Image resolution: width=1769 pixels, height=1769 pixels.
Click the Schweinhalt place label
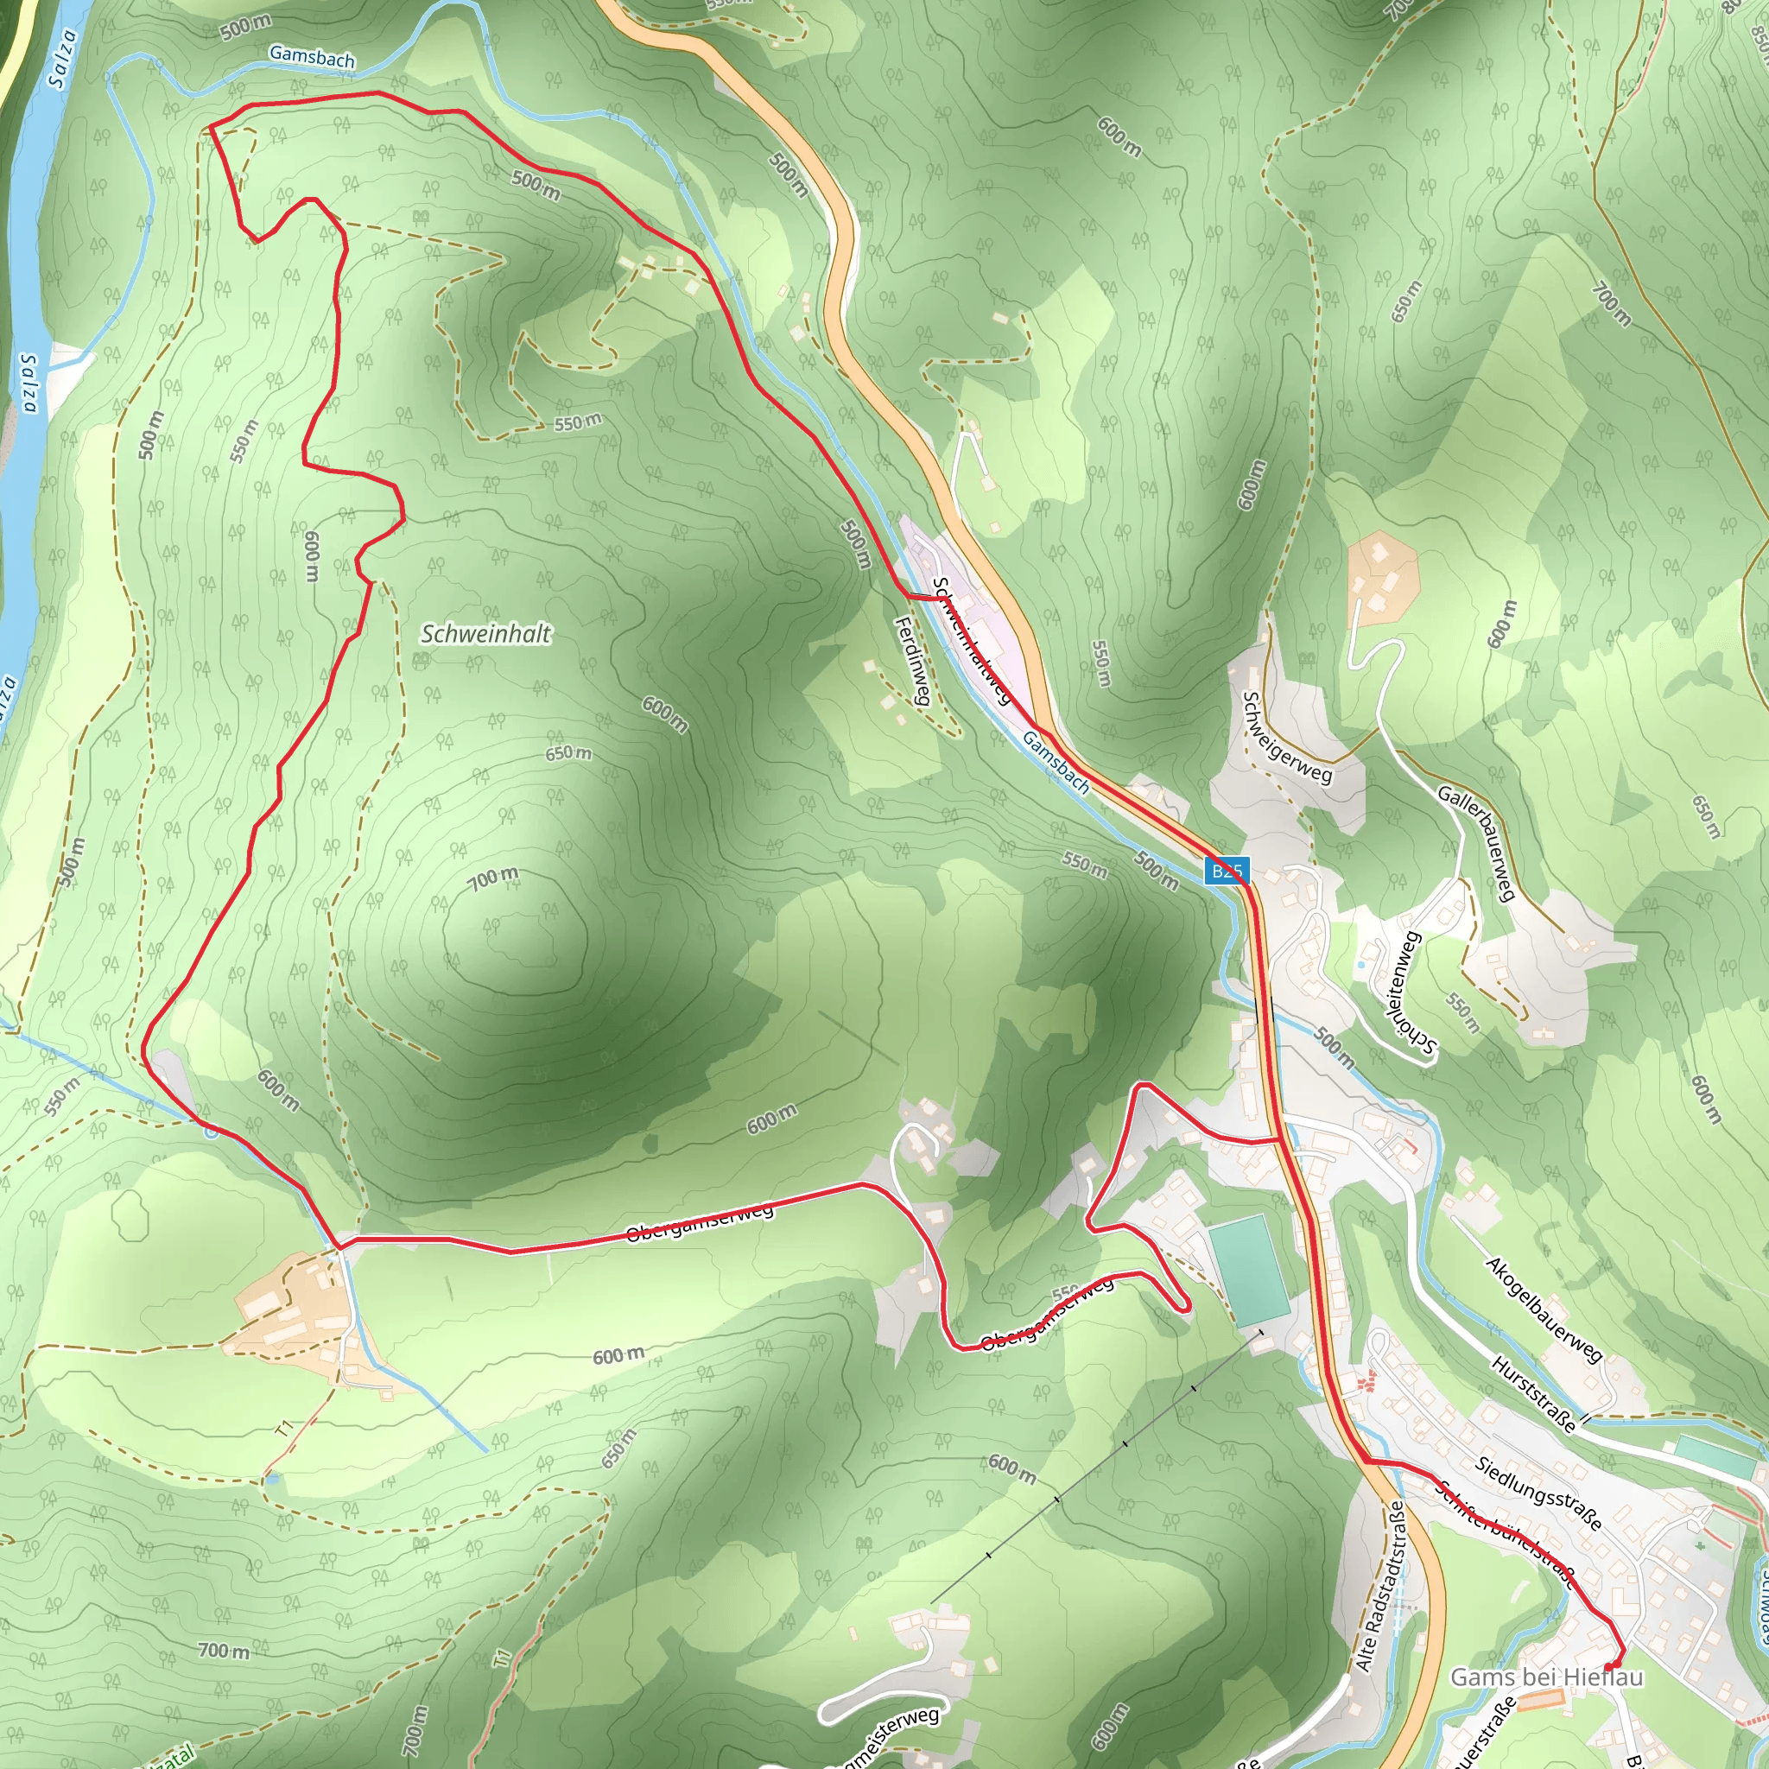coord(485,634)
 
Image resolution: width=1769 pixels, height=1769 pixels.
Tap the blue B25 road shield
coord(1226,871)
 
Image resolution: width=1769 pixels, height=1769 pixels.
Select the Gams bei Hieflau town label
coord(1546,1677)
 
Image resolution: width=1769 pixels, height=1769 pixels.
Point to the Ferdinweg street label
coord(913,661)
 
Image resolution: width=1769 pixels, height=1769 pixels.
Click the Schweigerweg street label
coord(1286,738)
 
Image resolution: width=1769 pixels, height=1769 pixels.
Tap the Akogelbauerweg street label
coord(1544,1309)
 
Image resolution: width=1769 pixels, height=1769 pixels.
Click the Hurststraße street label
coord(1535,1393)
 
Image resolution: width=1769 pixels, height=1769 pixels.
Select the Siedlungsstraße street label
coord(1539,1493)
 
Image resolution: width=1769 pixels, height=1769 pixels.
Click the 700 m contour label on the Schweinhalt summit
coord(493,879)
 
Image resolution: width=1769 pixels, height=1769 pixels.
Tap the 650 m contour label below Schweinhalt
coord(568,752)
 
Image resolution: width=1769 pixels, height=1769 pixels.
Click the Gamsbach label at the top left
coord(312,57)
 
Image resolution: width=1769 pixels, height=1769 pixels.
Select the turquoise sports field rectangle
coord(1248,1269)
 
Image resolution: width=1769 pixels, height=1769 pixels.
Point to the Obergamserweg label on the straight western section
coord(701,1222)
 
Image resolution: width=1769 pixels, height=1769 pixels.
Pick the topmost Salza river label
coord(62,59)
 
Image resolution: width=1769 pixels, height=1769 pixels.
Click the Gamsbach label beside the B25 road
coord(1056,762)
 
